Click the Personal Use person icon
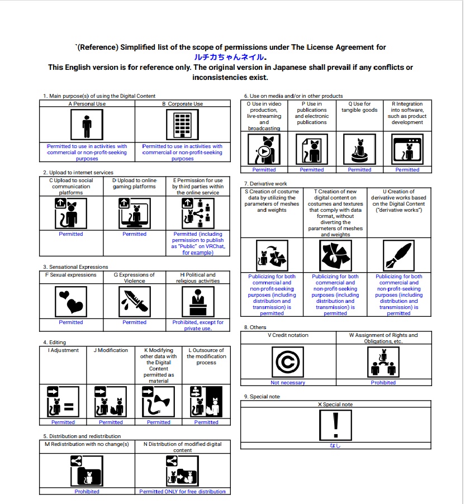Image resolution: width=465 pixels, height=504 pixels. [x=87, y=125]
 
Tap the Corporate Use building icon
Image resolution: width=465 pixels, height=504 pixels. [x=182, y=125]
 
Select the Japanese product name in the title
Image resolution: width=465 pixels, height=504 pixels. [x=230, y=57]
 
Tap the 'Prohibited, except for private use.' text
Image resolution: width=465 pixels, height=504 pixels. [x=198, y=325]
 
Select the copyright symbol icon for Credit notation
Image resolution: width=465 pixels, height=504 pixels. [x=288, y=362]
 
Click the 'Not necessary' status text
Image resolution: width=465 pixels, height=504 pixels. [x=288, y=383]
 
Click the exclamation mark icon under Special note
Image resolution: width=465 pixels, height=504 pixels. [x=335, y=425]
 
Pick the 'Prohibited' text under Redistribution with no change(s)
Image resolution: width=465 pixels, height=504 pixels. [x=87, y=492]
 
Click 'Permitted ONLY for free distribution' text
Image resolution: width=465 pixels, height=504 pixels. [x=182, y=492]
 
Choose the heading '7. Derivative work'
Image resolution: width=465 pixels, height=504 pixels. [x=265, y=184]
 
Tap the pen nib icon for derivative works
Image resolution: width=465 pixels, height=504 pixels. [x=398, y=255]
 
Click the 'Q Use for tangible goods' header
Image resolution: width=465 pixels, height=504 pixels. [x=359, y=107]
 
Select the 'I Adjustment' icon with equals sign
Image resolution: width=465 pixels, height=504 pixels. [x=63, y=402]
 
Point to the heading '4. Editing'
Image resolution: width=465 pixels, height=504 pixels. [x=54, y=342]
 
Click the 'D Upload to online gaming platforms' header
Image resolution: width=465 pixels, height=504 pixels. [x=134, y=184]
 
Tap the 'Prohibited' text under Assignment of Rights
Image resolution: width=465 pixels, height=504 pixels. [x=383, y=383]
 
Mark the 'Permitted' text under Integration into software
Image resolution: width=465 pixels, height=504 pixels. [x=407, y=170]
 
